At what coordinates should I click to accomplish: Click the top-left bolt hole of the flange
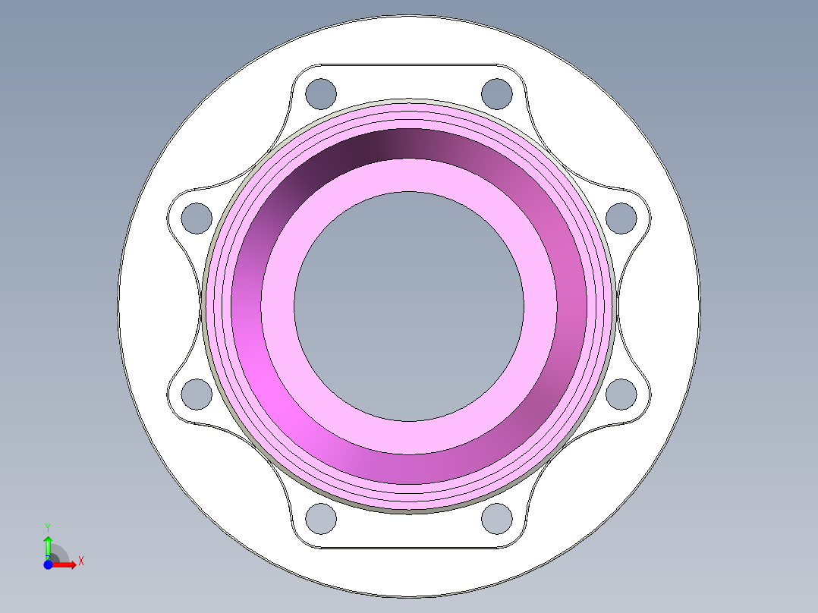[x=321, y=93]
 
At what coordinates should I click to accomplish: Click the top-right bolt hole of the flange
[x=496, y=93]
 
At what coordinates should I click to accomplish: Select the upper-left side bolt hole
[x=197, y=218]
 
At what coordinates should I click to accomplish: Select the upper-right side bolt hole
[x=622, y=218]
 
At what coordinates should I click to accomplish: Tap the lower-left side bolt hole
[x=197, y=394]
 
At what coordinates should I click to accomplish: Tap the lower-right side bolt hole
[x=622, y=394]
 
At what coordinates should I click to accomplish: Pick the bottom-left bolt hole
[x=321, y=518]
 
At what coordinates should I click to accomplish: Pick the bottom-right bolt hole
[x=496, y=518]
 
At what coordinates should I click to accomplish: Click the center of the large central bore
[x=409, y=306]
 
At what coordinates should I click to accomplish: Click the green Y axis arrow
[x=48, y=544]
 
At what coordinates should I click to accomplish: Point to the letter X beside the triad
[x=80, y=561]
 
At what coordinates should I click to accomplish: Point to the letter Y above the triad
[x=48, y=527]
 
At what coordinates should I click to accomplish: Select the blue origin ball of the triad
[x=48, y=564]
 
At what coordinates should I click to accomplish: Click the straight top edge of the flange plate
[x=409, y=64]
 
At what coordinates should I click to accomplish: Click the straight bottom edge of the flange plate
[x=409, y=548]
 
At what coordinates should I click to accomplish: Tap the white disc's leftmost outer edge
[x=118, y=306]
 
